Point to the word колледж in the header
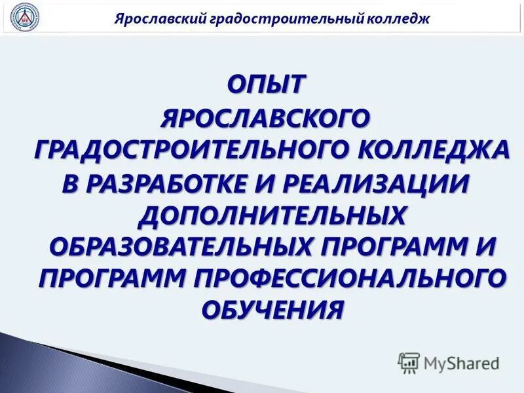point(400,18)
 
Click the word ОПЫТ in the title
point(267,84)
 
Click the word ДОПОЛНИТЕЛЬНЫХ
point(273,215)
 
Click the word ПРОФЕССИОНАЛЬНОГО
point(350,278)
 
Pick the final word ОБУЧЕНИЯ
point(272,308)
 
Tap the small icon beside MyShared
point(409,362)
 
